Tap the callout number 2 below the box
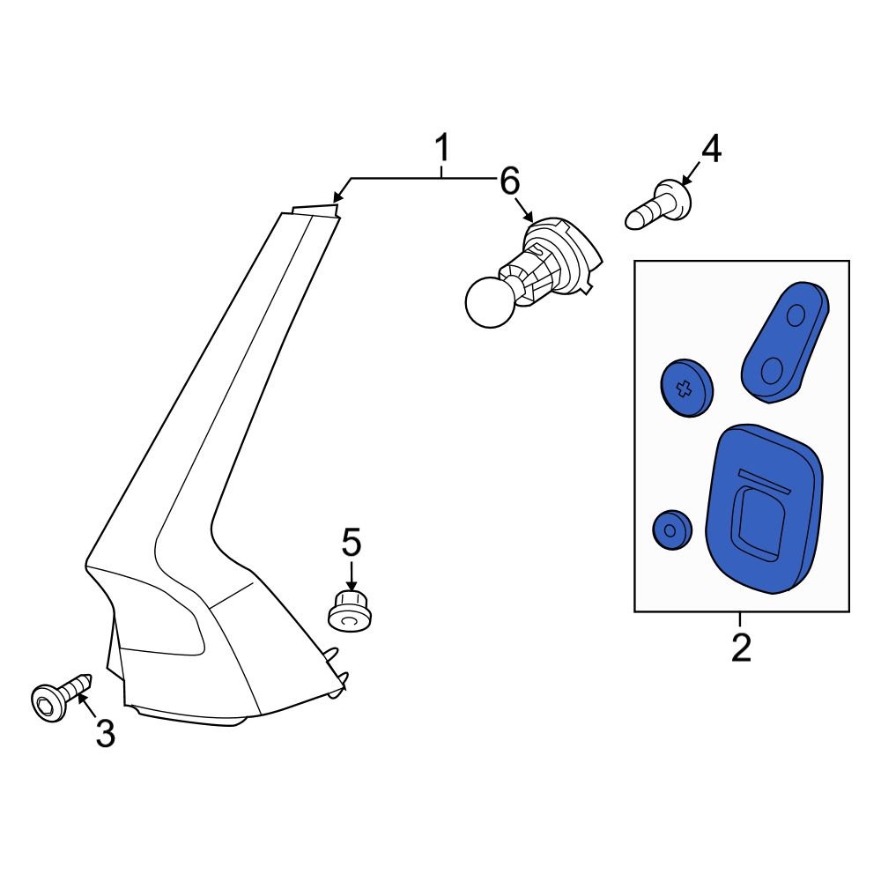[x=741, y=648]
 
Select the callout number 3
[x=105, y=732]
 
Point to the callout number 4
[x=710, y=150]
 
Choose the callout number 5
[x=352, y=543]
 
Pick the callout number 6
[x=509, y=182]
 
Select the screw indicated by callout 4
[x=659, y=204]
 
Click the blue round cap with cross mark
[x=685, y=388]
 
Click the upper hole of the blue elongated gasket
[x=796, y=315]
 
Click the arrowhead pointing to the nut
[x=352, y=586]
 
